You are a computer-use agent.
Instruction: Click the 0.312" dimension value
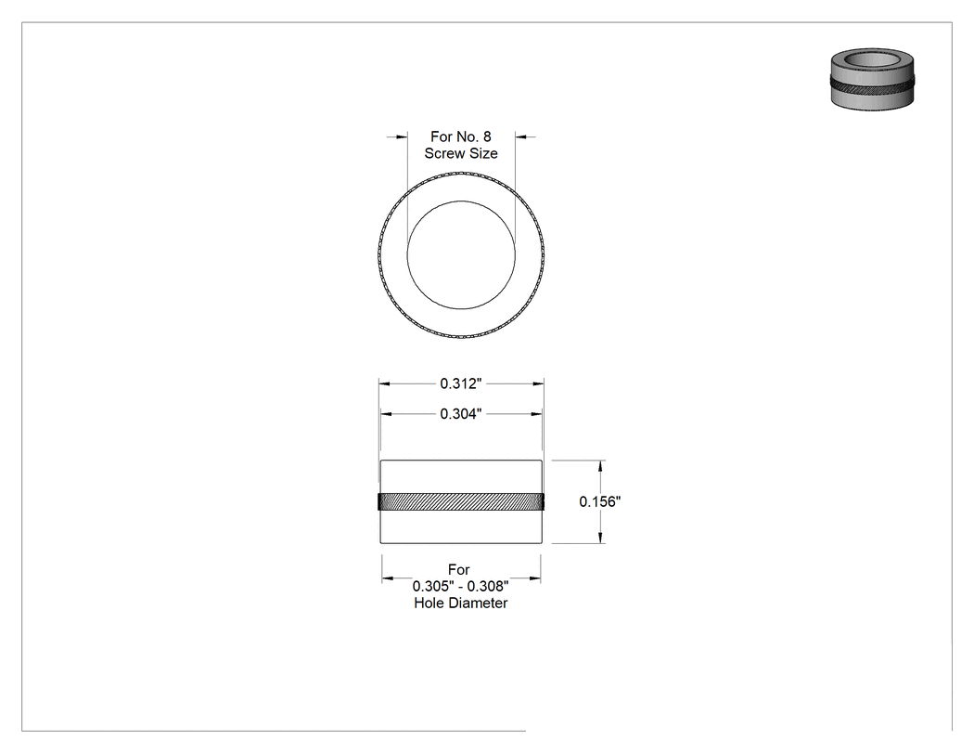(x=461, y=383)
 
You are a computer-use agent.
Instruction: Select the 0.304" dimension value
(x=461, y=413)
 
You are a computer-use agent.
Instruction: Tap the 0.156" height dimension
(x=600, y=501)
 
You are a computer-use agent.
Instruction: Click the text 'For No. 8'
(x=461, y=136)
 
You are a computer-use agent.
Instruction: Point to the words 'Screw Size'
(x=461, y=153)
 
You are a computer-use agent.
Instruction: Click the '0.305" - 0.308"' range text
(x=461, y=586)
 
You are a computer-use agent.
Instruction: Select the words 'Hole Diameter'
(x=461, y=603)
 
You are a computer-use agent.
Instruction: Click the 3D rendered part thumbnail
(x=872, y=80)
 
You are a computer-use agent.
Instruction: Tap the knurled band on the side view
(x=461, y=501)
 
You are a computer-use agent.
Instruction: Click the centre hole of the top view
(x=461, y=255)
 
